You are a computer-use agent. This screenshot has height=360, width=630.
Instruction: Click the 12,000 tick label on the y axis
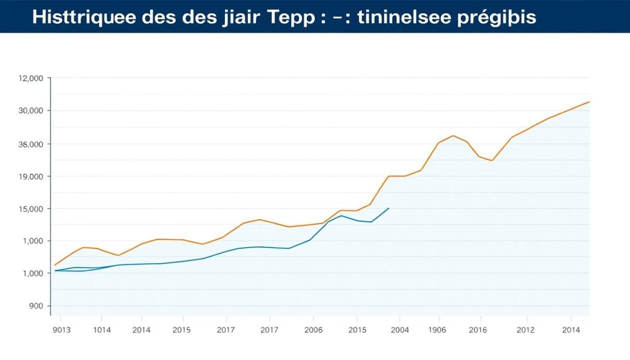[x=31, y=78]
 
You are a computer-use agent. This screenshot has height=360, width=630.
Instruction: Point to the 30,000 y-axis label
[x=31, y=110]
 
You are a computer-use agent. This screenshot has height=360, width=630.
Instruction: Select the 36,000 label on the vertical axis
[x=31, y=144]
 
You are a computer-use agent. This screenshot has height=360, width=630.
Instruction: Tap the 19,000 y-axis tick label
[x=31, y=176]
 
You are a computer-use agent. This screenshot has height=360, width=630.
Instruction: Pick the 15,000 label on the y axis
[x=31, y=208]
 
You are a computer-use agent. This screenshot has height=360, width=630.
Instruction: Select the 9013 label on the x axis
[x=61, y=330]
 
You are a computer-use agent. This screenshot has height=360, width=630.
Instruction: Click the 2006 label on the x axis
[x=313, y=330]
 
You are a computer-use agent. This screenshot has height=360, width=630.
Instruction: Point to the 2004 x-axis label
[x=399, y=330]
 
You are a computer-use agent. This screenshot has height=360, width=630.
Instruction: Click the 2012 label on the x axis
[x=526, y=330]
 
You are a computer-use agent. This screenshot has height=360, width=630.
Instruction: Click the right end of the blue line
[x=388, y=208]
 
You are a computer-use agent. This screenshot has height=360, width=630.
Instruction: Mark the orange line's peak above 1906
[x=453, y=135]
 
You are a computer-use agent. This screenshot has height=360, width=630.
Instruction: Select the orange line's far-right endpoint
[x=589, y=102]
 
